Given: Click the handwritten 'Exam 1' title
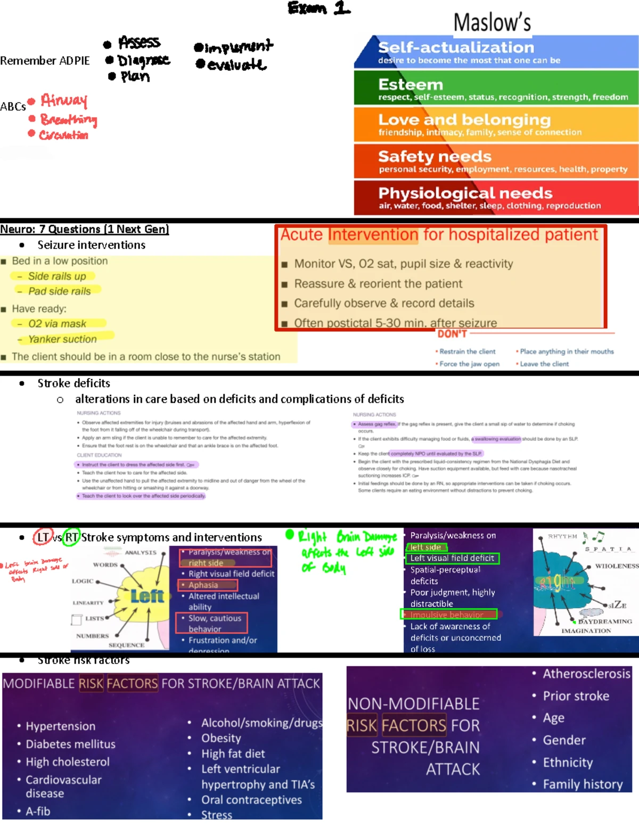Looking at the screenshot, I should click(x=319, y=8).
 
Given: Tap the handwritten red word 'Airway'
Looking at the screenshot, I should click(x=64, y=100).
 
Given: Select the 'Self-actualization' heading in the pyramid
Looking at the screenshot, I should click(x=456, y=47).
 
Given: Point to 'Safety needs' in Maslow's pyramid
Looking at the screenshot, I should click(x=435, y=157).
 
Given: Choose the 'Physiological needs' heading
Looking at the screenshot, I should click(x=465, y=193).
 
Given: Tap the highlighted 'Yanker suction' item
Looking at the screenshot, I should click(x=62, y=339).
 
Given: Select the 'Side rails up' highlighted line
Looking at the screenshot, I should click(x=56, y=276).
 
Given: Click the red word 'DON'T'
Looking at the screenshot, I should click(x=452, y=334).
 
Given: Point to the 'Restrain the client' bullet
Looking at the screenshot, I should click(x=467, y=351).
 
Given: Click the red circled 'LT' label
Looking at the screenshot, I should click(x=43, y=537).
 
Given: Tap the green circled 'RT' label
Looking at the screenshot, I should click(x=71, y=537).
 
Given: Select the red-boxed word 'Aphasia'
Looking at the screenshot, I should click(x=203, y=585).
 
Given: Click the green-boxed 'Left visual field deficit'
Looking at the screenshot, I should click(x=452, y=558).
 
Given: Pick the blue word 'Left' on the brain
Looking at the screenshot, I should click(x=147, y=596).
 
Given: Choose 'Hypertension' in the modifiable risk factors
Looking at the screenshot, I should click(x=61, y=726).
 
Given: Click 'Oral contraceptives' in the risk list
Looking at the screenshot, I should click(x=251, y=800).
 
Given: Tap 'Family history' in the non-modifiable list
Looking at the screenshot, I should click(x=583, y=784).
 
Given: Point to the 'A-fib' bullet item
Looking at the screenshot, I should click(x=38, y=812).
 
